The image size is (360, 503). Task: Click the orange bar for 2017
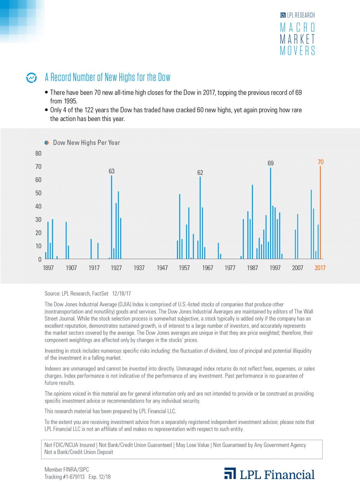tap(320, 212)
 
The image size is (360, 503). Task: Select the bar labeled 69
tap(270, 213)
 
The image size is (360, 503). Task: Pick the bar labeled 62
tap(200, 218)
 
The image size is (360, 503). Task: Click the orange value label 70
tap(321, 162)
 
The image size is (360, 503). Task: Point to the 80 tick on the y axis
tap(38, 154)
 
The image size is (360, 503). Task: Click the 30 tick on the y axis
tap(38, 220)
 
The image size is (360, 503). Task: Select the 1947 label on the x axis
tap(162, 268)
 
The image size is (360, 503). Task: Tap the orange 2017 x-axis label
tap(320, 268)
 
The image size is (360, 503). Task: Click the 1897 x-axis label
tap(48, 268)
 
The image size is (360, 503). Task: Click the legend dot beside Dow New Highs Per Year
tap(47, 143)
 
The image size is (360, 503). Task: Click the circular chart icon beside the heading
tap(31, 78)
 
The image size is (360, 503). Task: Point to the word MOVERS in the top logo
tap(297, 51)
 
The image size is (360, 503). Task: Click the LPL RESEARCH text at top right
tap(301, 15)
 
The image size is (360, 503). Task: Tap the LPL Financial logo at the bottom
tap(269, 474)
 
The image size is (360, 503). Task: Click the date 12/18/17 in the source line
tap(121, 294)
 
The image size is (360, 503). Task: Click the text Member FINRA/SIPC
tap(67, 470)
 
